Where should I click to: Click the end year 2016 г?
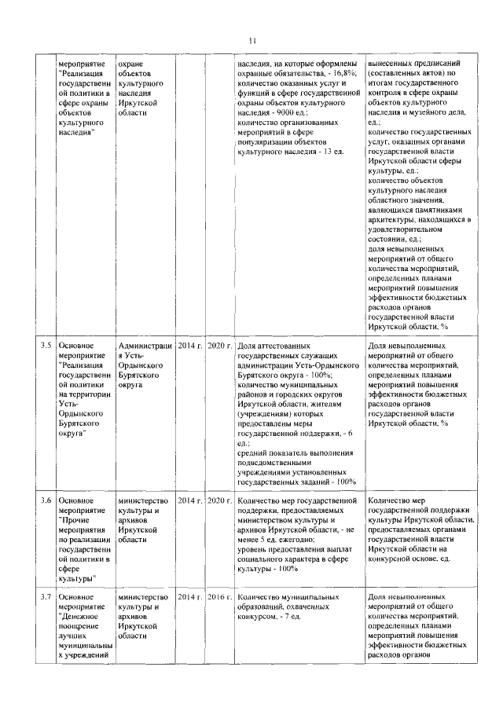219,598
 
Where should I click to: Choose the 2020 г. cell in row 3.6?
219,500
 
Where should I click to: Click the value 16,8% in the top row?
342,73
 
